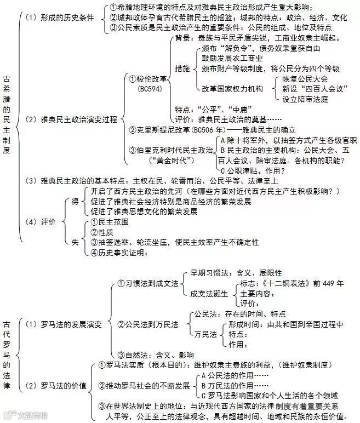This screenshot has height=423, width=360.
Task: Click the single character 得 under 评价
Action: pos(76,201)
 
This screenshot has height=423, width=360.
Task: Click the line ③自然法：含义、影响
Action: pos(156,355)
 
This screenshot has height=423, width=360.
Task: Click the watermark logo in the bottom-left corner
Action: pos(22,415)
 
